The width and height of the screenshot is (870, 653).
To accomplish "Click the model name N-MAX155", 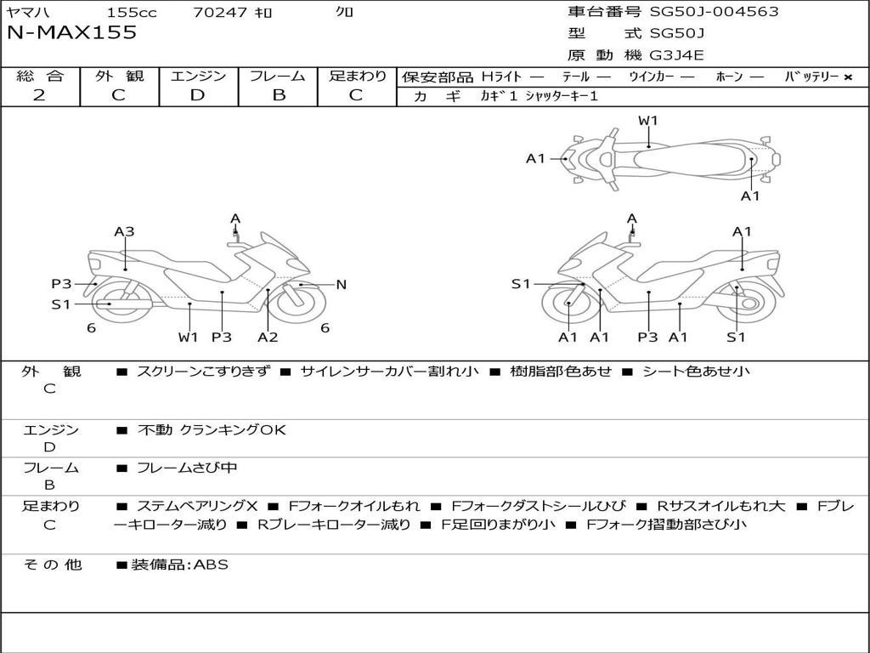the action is pyautogui.click(x=71, y=33).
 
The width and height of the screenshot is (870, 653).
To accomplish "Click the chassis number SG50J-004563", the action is pyautogui.click(x=714, y=12).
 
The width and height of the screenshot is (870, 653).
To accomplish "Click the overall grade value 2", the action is pyautogui.click(x=39, y=95).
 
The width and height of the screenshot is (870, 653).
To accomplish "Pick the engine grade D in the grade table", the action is pyautogui.click(x=198, y=95).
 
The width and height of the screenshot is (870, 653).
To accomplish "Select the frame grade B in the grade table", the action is pyautogui.click(x=278, y=95).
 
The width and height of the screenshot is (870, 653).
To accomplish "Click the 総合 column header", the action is pyautogui.click(x=40, y=76).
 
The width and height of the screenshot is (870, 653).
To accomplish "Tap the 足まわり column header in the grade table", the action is pyautogui.click(x=357, y=76).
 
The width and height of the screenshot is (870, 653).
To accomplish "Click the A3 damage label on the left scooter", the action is pyautogui.click(x=124, y=231).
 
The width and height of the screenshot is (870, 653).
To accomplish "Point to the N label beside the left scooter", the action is pyautogui.click(x=342, y=285).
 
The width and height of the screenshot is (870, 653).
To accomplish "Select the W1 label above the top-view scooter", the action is pyautogui.click(x=648, y=121).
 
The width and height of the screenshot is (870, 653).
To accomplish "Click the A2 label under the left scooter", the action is pyautogui.click(x=268, y=337).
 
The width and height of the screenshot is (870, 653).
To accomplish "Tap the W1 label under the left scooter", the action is pyautogui.click(x=188, y=337).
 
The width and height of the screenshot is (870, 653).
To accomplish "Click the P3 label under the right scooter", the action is pyautogui.click(x=647, y=337).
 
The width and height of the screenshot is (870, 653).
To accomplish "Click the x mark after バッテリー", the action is pyautogui.click(x=847, y=77).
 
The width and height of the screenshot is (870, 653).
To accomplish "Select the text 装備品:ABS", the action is pyautogui.click(x=179, y=565).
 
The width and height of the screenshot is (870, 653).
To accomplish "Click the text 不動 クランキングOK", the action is pyautogui.click(x=212, y=430).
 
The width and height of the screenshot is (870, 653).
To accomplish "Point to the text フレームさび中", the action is pyautogui.click(x=187, y=468).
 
